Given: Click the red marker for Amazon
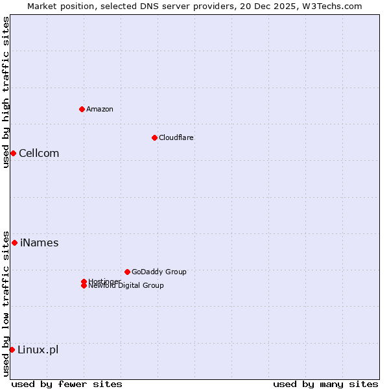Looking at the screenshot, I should (82, 109).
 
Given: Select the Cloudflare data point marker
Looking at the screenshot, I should (154, 137).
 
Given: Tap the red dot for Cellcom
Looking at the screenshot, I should (13, 153).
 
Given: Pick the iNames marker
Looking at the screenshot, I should (14, 242).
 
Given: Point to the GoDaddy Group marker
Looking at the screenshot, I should (127, 272).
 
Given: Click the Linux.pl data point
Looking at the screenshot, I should (12, 349).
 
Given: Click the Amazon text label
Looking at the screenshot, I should (99, 109).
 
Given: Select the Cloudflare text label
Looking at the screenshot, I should (176, 137).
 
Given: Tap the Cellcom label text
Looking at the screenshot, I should (39, 153).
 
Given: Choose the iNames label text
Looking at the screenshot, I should (39, 242).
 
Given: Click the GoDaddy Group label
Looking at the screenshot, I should (159, 272).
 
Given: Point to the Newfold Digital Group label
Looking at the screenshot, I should (126, 286).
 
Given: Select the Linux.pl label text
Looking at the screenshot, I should (38, 349).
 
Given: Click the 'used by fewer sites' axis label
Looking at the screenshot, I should (67, 384).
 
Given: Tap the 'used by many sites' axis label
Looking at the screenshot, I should (325, 384).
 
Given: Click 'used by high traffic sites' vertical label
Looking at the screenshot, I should (6, 92).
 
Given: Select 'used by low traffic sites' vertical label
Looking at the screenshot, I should (6, 303).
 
